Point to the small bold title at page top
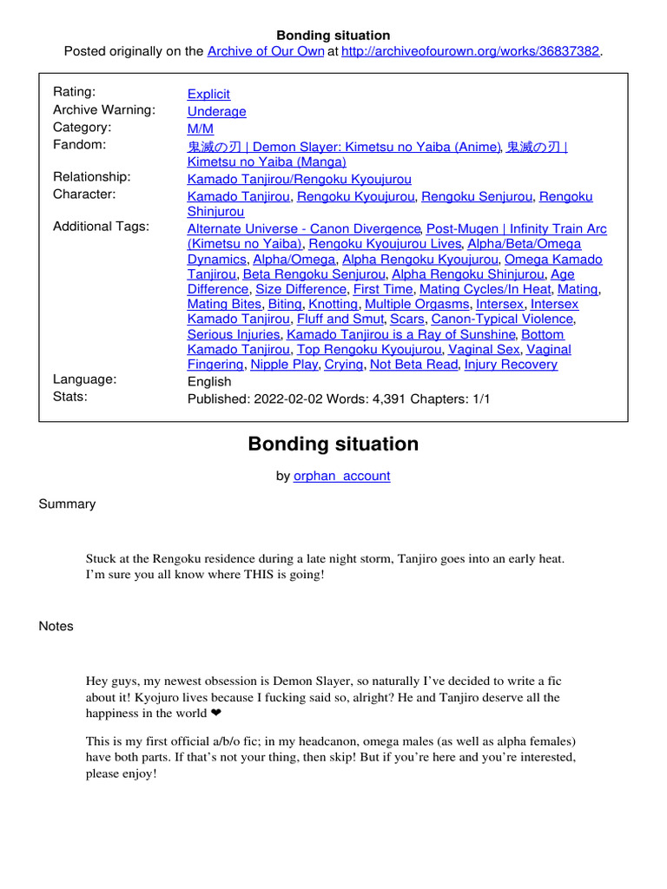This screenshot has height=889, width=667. pyautogui.click(x=333, y=36)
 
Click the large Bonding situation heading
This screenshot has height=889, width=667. pyautogui.click(x=333, y=444)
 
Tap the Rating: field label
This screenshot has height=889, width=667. pyautogui.click(x=75, y=92)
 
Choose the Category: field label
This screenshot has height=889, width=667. pyautogui.click(x=83, y=127)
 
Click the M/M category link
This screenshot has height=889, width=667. pyautogui.click(x=200, y=128)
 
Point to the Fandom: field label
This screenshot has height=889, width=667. pyautogui.click(x=80, y=144)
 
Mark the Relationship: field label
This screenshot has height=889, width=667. pyautogui.click(x=92, y=176)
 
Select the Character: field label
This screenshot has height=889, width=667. pyautogui.click(x=84, y=194)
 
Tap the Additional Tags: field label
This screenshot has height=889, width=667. pyautogui.click(x=101, y=226)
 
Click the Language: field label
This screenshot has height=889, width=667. pyautogui.click(x=85, y=379)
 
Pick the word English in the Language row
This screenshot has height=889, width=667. pyautogui.click(x=209, y=381)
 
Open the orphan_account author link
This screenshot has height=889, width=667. pyautogui.click(x=342, y=476)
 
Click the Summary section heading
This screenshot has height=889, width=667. pyautogui.click(x=68, y=504)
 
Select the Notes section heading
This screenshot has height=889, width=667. pyautogui.click(x=56, y=626)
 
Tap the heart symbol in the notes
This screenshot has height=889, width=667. pyautogui.click(x=216, y=714)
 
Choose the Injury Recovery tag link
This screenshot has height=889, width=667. pyautogui.click(x=511, y=365)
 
